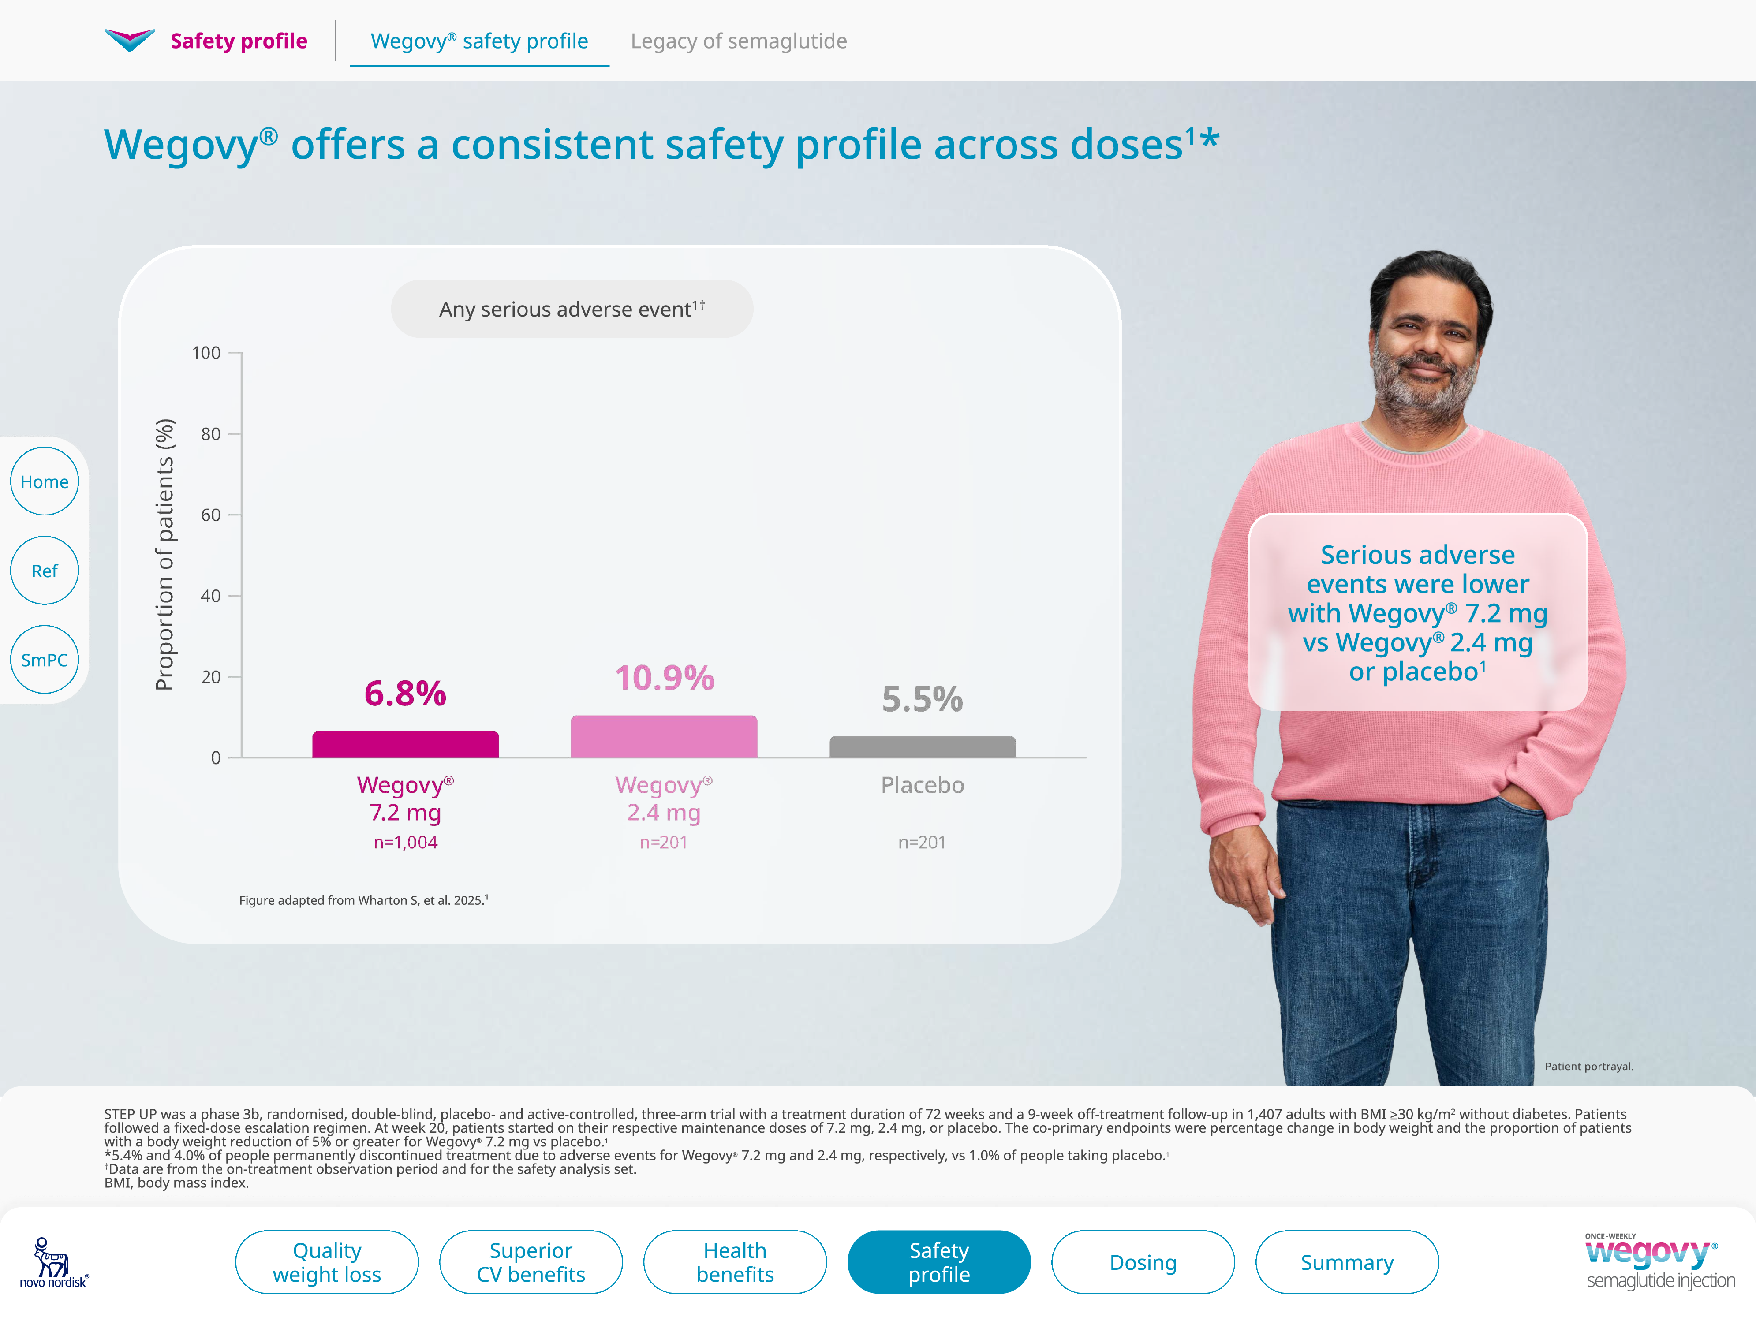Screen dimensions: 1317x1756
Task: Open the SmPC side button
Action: (45, 660)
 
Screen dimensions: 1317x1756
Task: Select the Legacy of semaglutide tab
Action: (738, 41)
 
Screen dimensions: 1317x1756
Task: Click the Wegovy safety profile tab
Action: (479, 41)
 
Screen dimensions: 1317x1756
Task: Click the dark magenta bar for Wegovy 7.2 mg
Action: (406, 745)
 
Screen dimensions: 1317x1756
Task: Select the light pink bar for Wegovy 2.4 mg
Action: (664, 737)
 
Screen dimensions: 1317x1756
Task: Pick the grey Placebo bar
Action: (923, 747)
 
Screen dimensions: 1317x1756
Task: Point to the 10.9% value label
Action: (665, 678)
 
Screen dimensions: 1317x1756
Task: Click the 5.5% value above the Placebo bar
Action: (923, 699)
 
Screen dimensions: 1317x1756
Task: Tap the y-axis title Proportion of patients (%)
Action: (164, 554)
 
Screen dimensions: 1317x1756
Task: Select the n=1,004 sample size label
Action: (406, 842)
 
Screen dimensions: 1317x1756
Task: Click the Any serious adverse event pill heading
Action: (572, 309)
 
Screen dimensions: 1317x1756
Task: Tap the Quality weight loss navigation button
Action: (327, 1262)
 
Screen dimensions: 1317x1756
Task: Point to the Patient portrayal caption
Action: (1588, 1066)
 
